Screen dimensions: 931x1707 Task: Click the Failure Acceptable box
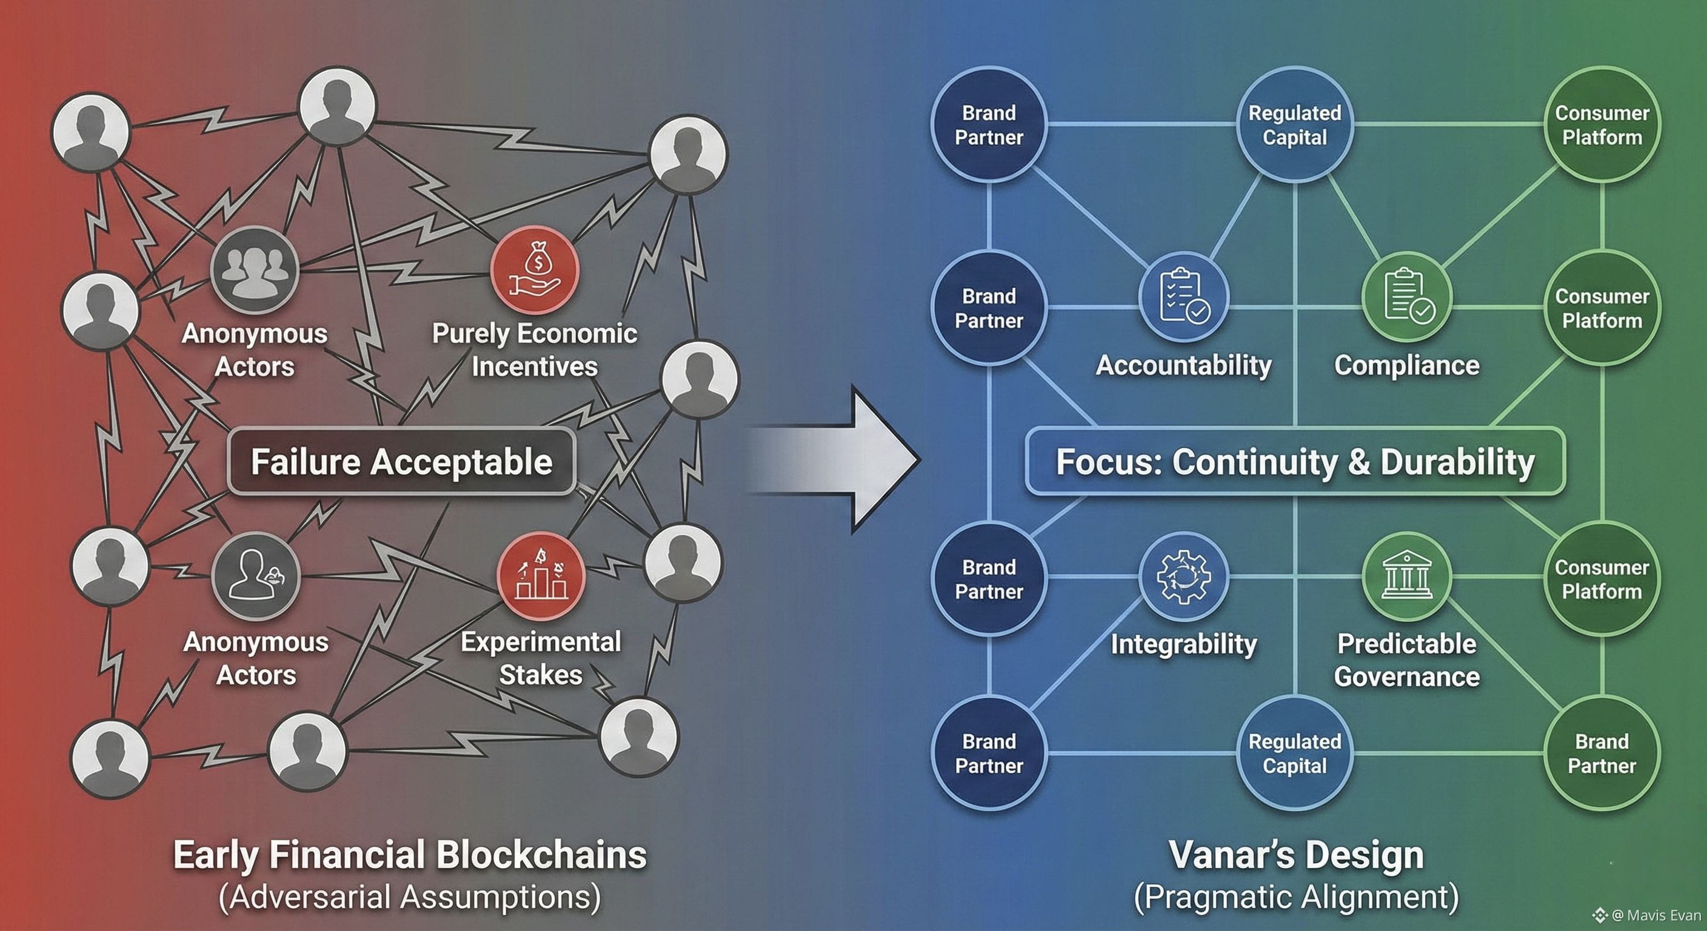tap(401, 462)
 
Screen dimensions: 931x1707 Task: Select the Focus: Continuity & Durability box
tap(1295, 462)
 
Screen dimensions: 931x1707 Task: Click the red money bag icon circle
tap(534, 270)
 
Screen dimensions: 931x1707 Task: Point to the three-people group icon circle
tap(255, 270)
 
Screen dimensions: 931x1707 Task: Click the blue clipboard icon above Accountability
tap(1183, 298)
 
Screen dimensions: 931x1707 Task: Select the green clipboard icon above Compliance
tap(1406, 298)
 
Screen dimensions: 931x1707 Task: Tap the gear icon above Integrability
tap(1183, 576)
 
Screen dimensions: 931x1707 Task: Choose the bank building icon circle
tap(1406, 576)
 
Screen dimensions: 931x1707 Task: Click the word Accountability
tap(1183, 365)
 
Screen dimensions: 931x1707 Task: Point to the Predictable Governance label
tap(1406, 660)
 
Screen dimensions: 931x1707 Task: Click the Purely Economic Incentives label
tap(534, 349)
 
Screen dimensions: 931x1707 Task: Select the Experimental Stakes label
tap(541, 658)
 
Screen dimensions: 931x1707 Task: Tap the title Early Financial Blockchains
tap(410, 855)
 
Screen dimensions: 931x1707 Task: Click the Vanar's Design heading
tap(1296, 855)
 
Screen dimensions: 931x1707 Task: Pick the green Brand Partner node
tap(1602, 753)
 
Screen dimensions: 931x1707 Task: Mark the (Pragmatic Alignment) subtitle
tap(1296, 897)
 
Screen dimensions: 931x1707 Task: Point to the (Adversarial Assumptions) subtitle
tap(410, 897)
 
